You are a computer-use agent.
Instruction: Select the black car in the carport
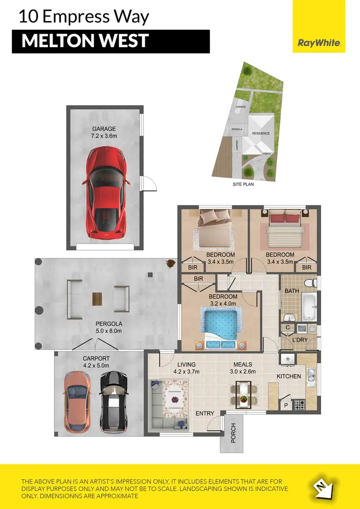point(114,396)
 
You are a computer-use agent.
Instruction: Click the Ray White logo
point(319,43)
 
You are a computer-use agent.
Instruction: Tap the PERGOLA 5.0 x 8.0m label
point(108,327)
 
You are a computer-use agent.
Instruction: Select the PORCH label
point(233,433)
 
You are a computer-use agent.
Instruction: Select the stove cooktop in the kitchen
point(300,404)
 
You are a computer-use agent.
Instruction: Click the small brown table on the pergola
point(97,299)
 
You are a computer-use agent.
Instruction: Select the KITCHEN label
point(288,376)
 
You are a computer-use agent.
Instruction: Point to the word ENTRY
point(206,413)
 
